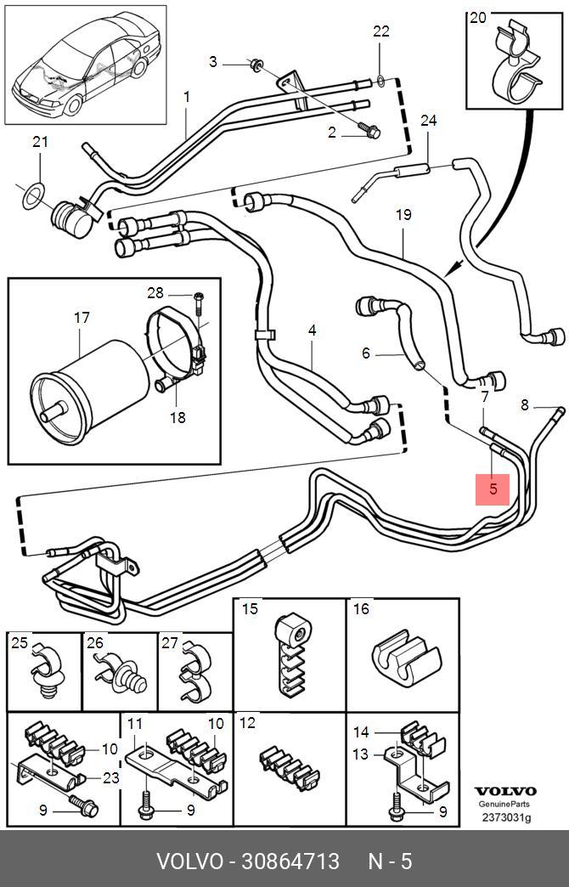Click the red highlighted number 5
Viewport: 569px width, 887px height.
[x=493, y=489]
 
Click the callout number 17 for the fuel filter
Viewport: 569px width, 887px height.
[x=82, y=318]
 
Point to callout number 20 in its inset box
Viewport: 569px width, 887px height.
[x=479, y=18]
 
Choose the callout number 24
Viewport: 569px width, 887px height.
[x=428, y=121]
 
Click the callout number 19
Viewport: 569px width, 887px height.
[x=403, y=215]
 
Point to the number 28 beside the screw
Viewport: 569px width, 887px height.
[x=155, y=293]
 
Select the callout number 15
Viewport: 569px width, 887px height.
[x=250, y=608]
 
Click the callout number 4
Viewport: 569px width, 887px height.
[x=312, y=329]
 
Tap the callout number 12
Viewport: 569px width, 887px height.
[x=247, y=724]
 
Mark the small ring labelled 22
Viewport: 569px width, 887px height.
[x=381, y=82]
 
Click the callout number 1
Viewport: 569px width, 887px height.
[x=186, y=98]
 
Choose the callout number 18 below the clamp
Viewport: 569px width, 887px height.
[x=177, y=417]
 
